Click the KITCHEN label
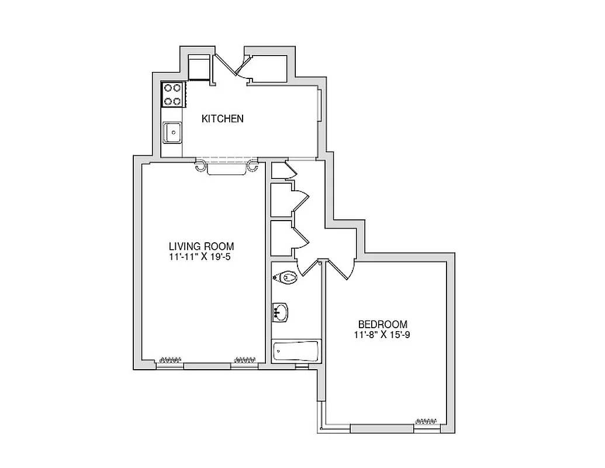pyautogui.click(x=222, y=119)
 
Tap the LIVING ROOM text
pyautogui.click(x=201, y=246)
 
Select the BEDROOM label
pyautogui.click(x=382, y=324)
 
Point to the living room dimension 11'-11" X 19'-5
pyautogui.click(x=201, y=256)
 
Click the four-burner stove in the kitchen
pyautogui.click(x=173, y=94)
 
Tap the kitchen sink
pyautogui.click(x=172, y=132)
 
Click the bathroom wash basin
pyautogui.click(x=281, y=312)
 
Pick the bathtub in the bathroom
pyautogui.click(x=296, y=352)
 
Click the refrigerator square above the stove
pyautogui.click(x=199, y=67)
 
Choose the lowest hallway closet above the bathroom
pyautogui.click(x=282, y=238)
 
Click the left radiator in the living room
pyautogui.click(x=172, y=359)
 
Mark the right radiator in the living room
pyautogui.click(x=245, y=359)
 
